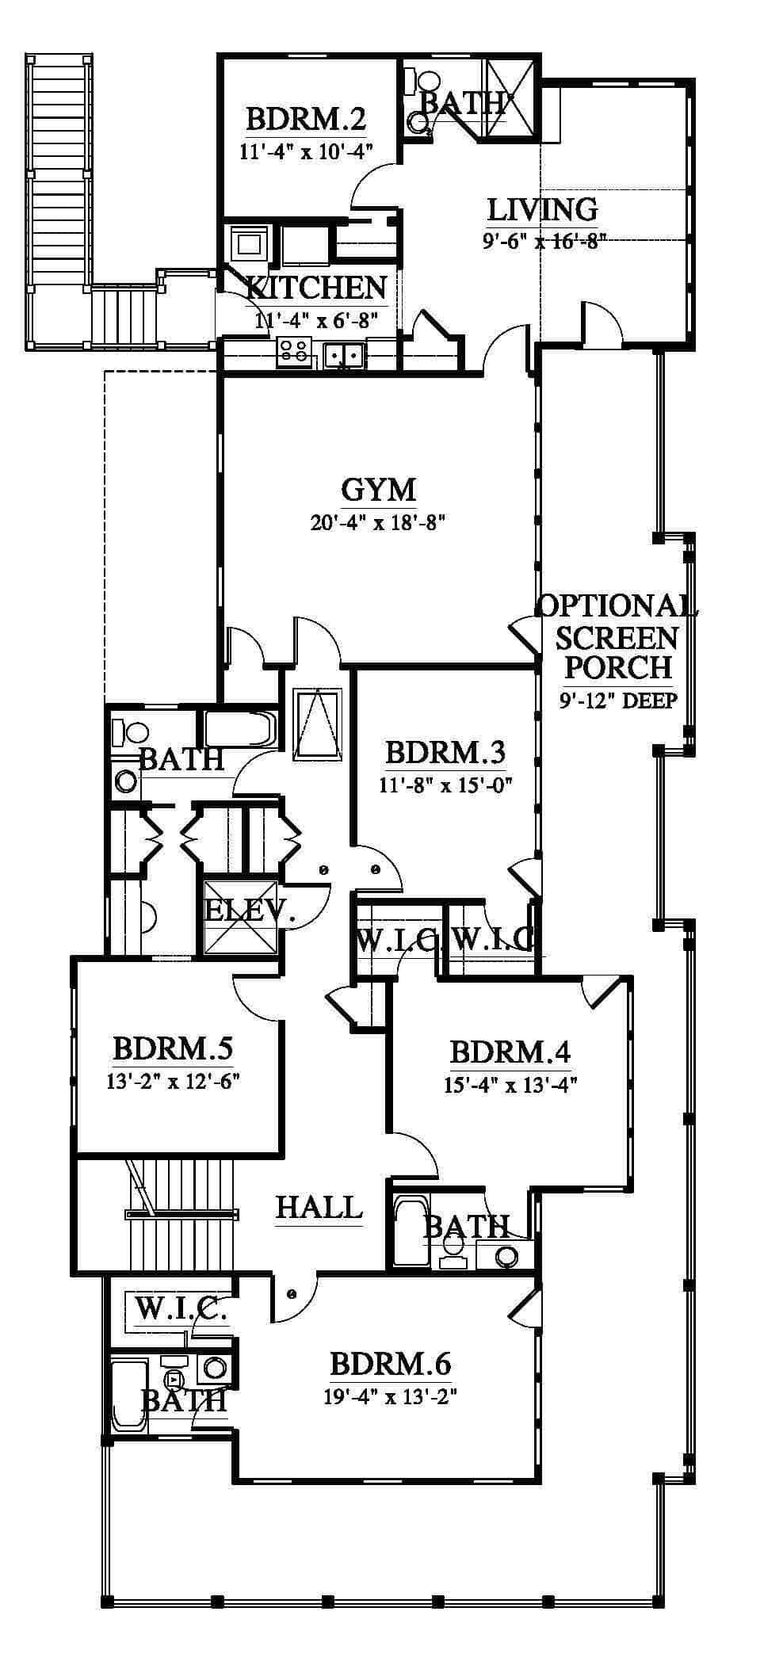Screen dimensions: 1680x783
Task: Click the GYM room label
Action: point(378,490)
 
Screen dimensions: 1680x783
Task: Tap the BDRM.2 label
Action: point(305,120)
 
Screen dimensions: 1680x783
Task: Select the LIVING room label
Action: point(542,210)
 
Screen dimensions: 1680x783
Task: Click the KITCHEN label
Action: point(316,288)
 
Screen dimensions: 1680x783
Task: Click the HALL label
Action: point(319,1208)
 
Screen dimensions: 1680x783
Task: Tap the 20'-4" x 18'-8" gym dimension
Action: point(379,522)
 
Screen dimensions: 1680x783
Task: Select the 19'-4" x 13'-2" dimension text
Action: point(390,1396)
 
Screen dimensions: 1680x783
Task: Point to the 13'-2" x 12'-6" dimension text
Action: point(173,1080)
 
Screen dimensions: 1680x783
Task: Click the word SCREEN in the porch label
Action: point(617,637)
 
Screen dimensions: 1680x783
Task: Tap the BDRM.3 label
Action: point(445,752)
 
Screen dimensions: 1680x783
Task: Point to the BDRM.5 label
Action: point(173,1048)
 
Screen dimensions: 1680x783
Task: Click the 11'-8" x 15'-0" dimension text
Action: point(445,785)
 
